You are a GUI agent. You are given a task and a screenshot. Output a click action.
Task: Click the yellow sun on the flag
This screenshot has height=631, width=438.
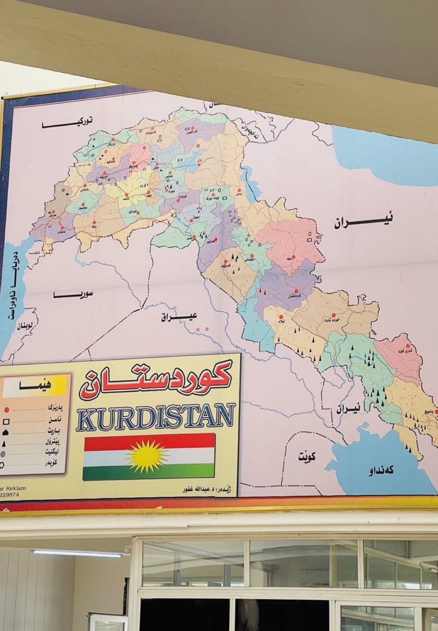click(x=149, y=456)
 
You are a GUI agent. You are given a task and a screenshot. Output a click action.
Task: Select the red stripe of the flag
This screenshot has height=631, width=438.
click(x=149, y=442)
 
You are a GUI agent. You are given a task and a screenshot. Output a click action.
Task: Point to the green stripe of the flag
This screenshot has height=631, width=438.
click(x=149, y=471)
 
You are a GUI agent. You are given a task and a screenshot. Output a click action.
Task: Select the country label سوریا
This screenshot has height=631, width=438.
click(x=72, y=294)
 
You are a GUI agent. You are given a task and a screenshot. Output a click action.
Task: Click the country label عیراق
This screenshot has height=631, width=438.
click(x=179, y=317)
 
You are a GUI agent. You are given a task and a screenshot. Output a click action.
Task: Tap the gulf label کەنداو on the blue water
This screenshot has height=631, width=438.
click(x=381, y=470)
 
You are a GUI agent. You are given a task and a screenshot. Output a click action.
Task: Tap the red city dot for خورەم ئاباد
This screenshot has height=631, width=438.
click(x=333, y=315)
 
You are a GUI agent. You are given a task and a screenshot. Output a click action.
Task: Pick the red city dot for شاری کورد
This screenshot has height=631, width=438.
click(x=408, y=346)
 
